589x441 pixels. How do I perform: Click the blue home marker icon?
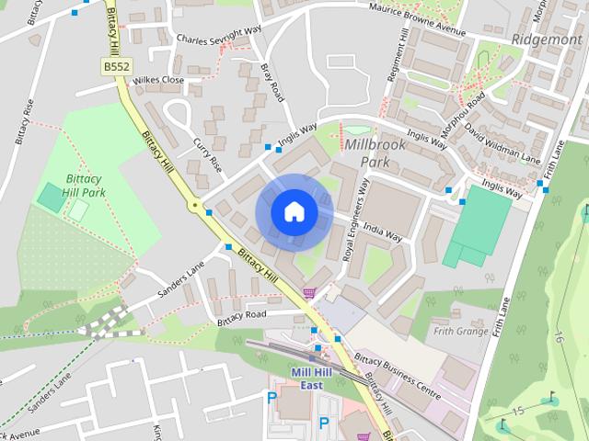pyautogui.click(x=294, y=212)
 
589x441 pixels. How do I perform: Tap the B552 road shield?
pyautogui.click(x=116, y=67)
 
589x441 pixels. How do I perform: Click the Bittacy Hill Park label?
pyautogui.click(x=85, y=186)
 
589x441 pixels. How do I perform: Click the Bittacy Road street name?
pyautogui.click(x=241, y=314)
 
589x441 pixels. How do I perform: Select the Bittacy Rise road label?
pyautogui.click(x=23, y=120)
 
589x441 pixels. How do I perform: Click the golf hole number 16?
pyautogui.click(x=558, y=336)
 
